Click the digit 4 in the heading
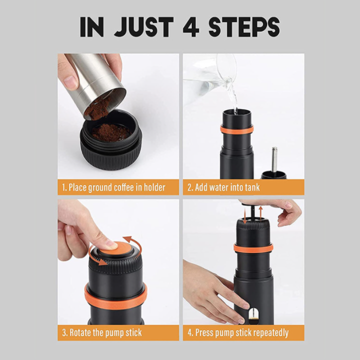[191, 27]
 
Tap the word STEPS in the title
[244, 27]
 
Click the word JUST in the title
[143, 27]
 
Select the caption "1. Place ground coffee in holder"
[113, 187]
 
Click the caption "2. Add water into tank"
[223, 187]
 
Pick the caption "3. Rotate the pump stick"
[102, 332]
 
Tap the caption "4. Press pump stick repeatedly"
[238, 333]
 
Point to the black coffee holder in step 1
[111, 139]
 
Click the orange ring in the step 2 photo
[236, 130]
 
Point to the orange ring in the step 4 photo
[253, 248]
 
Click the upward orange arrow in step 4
[260, 212]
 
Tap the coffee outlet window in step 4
[253, 315]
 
